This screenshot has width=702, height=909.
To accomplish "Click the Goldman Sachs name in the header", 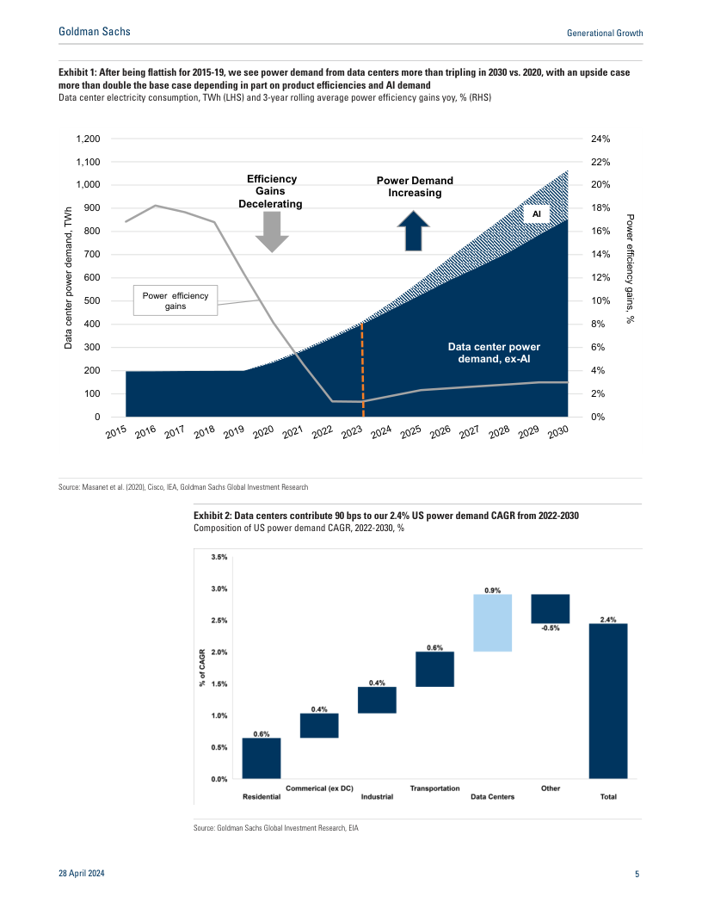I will click(95, 32).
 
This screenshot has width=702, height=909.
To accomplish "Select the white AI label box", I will click(534, 213).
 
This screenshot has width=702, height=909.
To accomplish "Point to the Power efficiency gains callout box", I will click(175, 300).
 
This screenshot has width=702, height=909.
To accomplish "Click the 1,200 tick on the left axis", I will click(88, 139).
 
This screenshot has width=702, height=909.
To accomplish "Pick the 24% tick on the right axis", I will click(600, 139).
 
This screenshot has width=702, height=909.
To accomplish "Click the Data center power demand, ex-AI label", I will click(494, 353).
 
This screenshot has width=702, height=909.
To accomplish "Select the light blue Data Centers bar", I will click(493, 622).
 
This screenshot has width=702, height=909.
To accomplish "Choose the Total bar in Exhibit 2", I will click(608, 701).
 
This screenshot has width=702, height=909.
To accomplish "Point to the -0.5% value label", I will click(551, 628).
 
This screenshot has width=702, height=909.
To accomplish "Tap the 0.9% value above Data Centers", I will click(493, 591).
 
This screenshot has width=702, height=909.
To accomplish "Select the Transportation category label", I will click(434, 788).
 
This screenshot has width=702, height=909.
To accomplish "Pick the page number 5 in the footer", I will click(637, 875).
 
